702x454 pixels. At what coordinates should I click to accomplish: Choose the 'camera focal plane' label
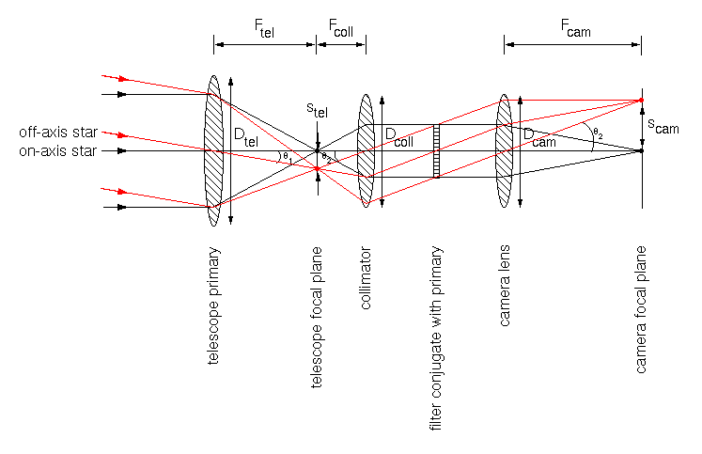[641, 310]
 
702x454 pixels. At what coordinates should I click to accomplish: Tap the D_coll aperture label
[398, 137]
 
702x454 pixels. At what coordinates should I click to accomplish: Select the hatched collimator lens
[367, 150]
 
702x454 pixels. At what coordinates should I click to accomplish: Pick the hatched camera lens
[505, 150]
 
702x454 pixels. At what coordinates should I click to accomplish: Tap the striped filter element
[436, 150]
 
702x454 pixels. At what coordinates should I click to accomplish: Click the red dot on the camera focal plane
[641, 100]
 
